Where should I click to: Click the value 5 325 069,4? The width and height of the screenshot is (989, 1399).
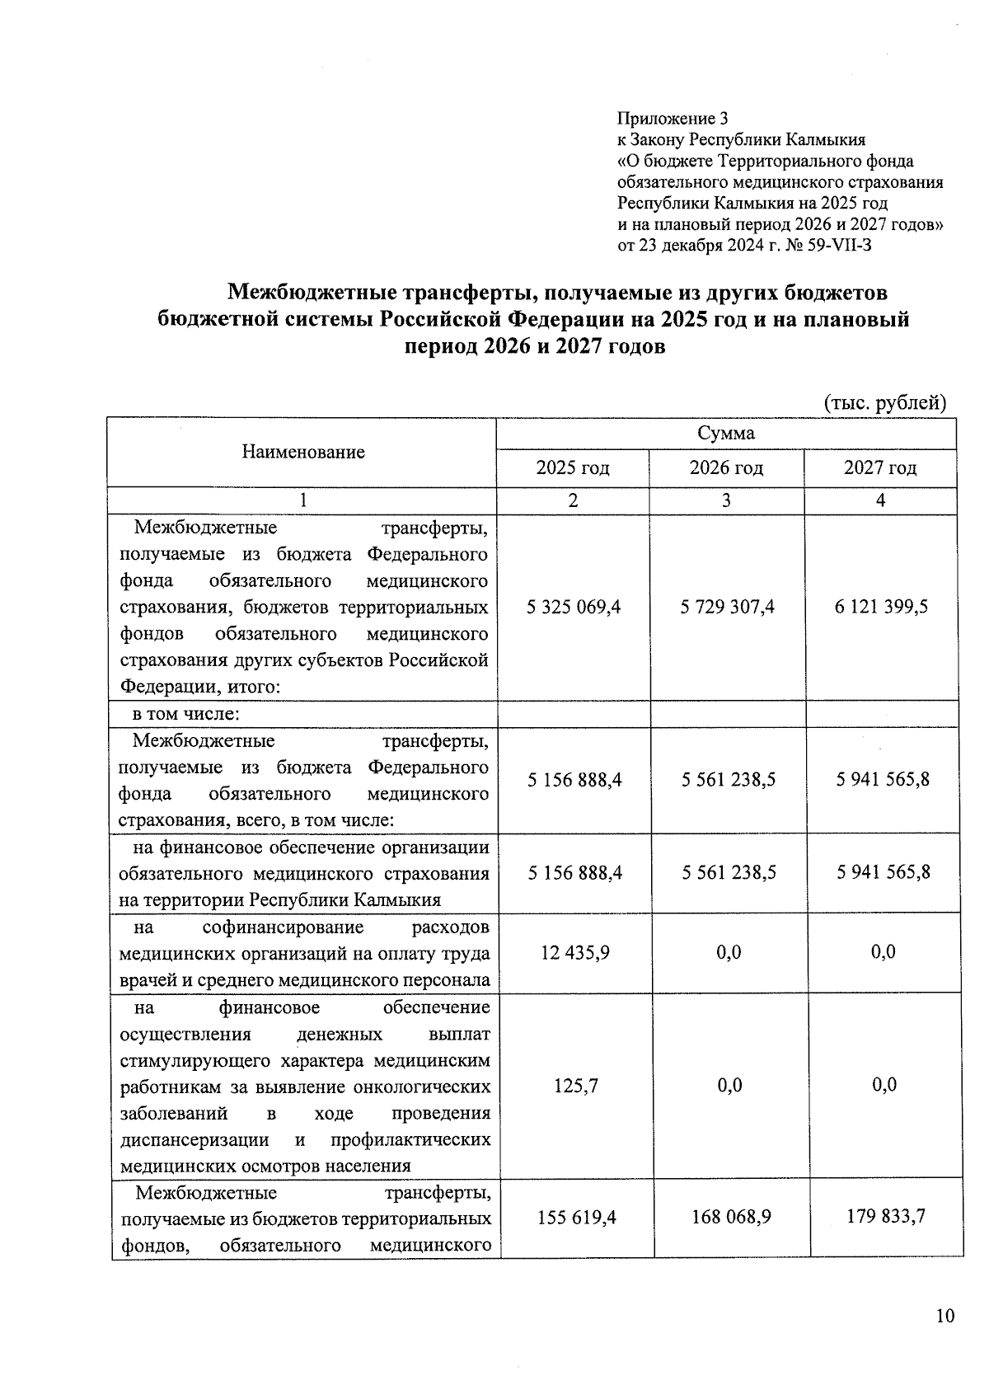pos(573,608)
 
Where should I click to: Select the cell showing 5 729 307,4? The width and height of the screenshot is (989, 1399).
pos(727,608)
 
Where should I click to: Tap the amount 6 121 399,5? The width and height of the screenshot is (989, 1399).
pos(880,608)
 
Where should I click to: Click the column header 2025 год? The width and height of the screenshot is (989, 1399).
pos(573,468)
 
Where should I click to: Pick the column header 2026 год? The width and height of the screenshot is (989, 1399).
pos(726,468)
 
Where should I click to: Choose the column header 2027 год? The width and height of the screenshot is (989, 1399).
pos(880,468)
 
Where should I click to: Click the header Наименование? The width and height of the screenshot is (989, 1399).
pos(303,452)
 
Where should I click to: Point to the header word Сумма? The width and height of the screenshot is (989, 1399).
pos(726,434)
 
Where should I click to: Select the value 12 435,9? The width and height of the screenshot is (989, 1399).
pos(574,952)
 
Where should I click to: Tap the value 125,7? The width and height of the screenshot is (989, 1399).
pos(575,1086)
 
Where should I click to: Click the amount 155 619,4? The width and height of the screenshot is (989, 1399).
pos(576,1217)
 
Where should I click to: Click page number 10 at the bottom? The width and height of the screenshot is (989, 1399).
pos(944,1316)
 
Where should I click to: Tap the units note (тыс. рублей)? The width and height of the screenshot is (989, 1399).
pos(885,403)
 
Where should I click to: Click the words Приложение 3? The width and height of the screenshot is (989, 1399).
pos(673,119)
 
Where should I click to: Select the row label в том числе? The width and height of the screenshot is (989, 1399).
pos(186,714)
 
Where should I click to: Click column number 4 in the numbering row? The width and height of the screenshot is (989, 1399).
pos(880,500)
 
